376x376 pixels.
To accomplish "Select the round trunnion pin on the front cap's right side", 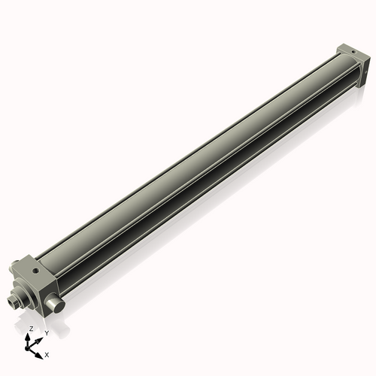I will point(53,302).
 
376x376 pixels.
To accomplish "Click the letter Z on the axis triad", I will point(31,329).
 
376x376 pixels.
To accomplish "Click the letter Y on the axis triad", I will point(46,332).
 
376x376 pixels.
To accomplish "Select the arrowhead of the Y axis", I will point(40,336).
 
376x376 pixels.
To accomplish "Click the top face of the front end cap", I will point(36,265).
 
